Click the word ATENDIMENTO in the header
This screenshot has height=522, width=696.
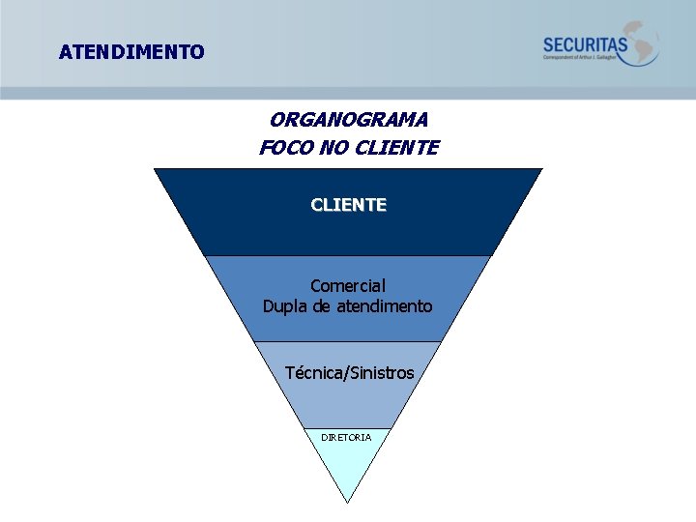(131, 52)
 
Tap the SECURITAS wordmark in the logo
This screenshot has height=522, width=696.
(585, 44)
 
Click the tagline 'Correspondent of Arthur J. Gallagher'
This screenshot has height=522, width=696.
(585, 58)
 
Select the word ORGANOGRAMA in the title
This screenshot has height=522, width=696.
(349, 120)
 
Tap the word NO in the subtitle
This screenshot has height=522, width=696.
(333, 148)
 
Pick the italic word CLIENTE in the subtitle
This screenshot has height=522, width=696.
(397, 148)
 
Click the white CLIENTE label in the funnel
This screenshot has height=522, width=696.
(348, 205)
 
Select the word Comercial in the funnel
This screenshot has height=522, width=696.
(348, 286)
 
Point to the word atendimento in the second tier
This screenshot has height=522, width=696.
(388, 306)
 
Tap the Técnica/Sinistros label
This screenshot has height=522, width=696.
(349, 373)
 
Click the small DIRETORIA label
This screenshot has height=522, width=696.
(346, 437)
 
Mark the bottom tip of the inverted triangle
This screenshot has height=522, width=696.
(348, 502)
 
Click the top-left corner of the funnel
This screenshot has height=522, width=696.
(156, 170)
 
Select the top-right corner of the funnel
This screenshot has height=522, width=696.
(541, 170)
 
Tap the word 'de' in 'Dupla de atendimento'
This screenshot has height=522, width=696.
(325, 306)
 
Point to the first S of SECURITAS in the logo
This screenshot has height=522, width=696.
(548, 44)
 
